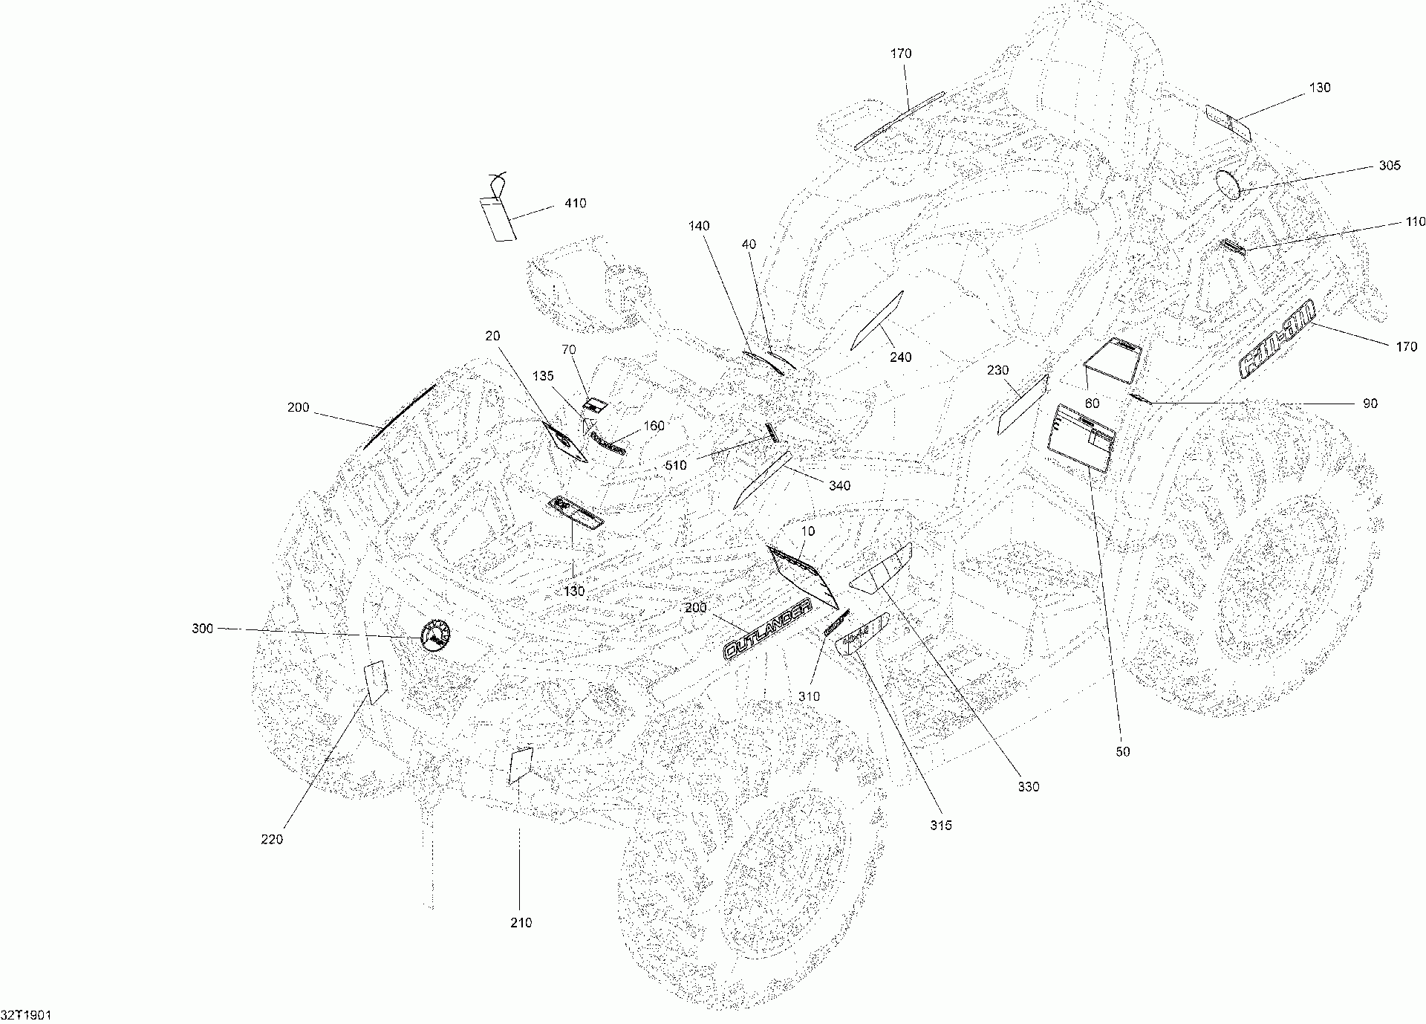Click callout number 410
[x=576, y=204]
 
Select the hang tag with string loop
[x=497, y=218]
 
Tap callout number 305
[x=1390, y=166]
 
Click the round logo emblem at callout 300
[x=436, y=635]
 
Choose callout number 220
[x=272, y=840]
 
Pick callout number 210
[x=521, y=923]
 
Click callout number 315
[x=940, y=825]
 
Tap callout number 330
[x=1028, y=787]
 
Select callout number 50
[x=1122, y=752]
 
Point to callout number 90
[x=1370, y=404]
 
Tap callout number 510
[x=676, y=466]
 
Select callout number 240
[x=900, y=357]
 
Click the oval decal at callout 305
[x=1230, y=184]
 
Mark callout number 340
[x=839, y=486]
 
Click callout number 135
[x=543, y=377]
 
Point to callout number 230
[x=998, y=370]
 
